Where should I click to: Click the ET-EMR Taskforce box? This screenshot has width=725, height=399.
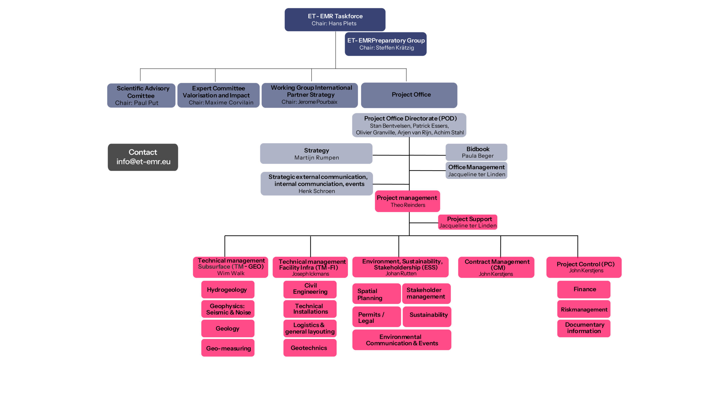335,20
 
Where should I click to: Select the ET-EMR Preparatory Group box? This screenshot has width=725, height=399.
385,44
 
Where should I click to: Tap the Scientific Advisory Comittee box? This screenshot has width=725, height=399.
141,95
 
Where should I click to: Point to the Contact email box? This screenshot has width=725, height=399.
143,157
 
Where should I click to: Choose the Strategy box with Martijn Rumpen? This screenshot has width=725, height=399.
316,153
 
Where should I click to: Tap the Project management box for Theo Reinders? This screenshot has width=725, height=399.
407,201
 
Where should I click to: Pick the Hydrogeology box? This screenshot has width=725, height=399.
228,290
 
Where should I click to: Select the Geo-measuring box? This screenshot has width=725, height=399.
228,348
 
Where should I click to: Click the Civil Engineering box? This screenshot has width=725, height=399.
310,289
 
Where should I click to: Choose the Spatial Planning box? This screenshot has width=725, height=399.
376,294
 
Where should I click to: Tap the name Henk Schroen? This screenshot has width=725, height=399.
317,191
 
